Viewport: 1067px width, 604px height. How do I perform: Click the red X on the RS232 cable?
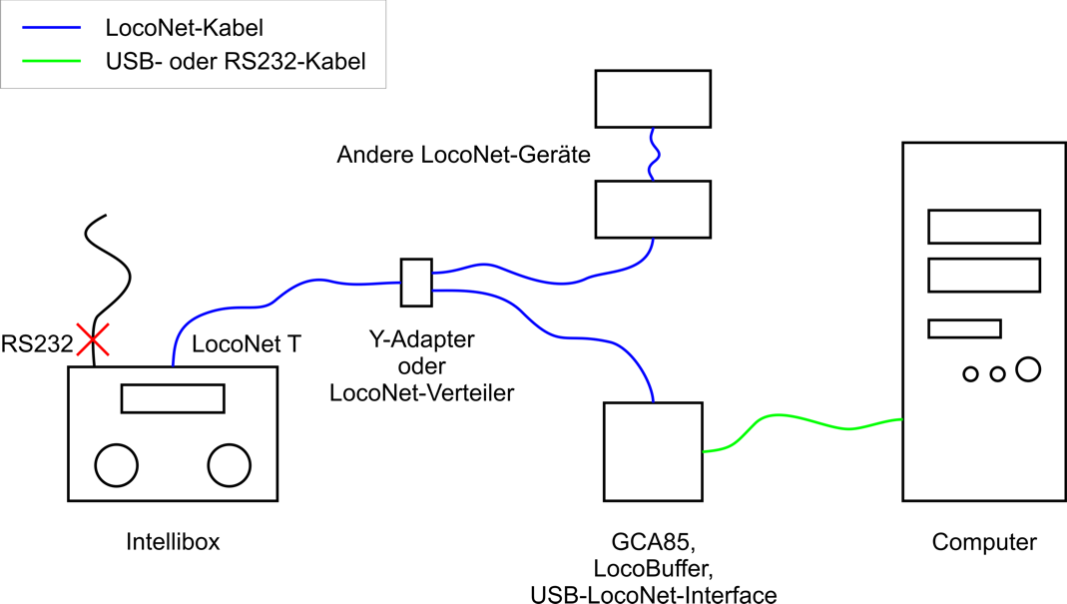(x=94, y=341)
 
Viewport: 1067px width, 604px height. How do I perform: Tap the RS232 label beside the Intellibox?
(x=37, y=344)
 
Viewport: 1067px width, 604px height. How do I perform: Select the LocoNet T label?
(x=246, y=344)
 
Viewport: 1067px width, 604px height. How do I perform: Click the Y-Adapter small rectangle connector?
(x=416, y=283)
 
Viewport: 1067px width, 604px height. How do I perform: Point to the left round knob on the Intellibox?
(x=117, y=464)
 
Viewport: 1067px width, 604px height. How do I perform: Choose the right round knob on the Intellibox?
(x=229, y=464)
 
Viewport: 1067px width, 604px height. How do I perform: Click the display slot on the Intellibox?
(x=173, y=398)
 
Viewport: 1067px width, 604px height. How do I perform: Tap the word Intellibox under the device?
(x=173, y=542)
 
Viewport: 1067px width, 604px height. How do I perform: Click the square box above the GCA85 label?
(x=653, y=451)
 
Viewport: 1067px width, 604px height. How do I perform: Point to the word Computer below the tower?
(x=984, y=542)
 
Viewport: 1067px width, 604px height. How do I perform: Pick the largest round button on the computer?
(x=1028, y=369)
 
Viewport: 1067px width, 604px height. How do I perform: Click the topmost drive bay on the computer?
(x=984, y=227)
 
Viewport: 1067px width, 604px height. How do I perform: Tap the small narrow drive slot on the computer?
(x=964, y=328)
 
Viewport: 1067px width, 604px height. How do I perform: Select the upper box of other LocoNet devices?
(x=652, y=98)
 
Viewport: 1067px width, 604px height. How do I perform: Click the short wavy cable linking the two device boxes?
(x=652, y=153)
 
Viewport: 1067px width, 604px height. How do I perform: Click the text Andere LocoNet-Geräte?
(x=463, y=155)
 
